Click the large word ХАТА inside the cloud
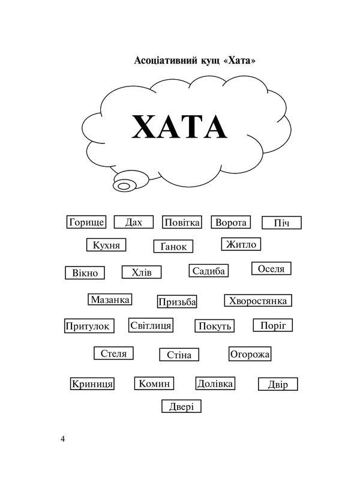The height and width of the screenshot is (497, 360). tap(179, 127)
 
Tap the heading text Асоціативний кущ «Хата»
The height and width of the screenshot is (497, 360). tap(194, 60)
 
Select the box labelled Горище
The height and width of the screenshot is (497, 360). tap(86, 222)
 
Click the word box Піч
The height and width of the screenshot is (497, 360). tap(281, 223)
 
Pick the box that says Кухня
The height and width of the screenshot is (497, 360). tap(106, 245)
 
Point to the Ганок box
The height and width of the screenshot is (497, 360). tap(173, 246)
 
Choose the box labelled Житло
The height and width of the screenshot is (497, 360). tap(241, 244)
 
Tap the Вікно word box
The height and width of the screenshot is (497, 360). tap(85, 273)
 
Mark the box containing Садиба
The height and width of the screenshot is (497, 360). tap(209, 271)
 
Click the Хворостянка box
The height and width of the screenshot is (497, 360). tap(258, 301)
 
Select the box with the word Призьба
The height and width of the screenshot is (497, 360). tap(177, 301)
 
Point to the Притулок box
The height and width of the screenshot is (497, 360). tap(89, 326)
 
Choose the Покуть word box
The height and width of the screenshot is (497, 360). tap(215, 326)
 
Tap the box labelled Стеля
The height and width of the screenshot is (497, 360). tap(113, 353)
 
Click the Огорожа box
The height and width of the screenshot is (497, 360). tap(250, 354)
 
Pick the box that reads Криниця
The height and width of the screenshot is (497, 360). tap(92, 384)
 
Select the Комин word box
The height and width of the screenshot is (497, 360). tap(154, 384)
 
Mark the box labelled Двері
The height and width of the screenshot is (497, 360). tap(181, 406)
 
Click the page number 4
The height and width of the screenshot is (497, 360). tap(62, 439)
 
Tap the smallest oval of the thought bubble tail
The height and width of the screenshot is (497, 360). tap(124, 186)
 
